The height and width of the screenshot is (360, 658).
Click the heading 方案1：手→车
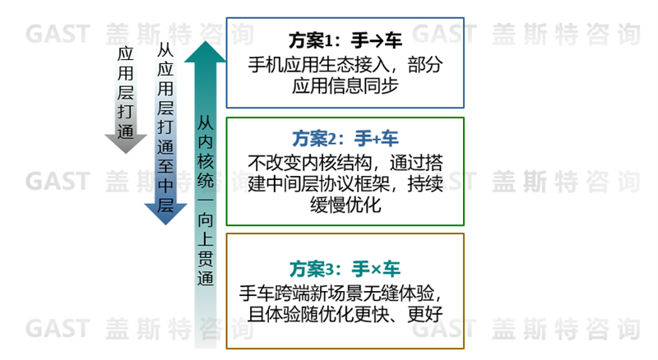click(345, 40)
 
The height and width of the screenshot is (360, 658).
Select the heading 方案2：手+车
click(345, 138)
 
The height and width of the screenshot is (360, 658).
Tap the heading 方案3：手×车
click(345, 269)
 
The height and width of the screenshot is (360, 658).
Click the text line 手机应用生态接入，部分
click(345, 65)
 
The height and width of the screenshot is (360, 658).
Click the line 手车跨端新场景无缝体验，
click(345, 293)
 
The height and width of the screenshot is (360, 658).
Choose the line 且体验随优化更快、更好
click(345, 313)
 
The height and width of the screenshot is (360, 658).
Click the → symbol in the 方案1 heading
click(371, 41)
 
